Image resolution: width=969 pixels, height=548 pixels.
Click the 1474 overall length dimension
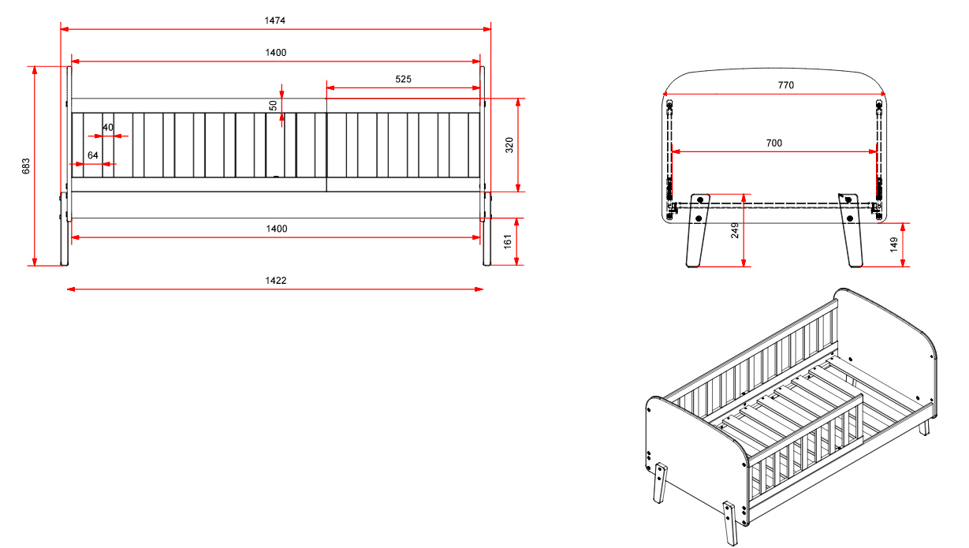[275, 21]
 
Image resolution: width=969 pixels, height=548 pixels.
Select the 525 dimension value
[404, 79]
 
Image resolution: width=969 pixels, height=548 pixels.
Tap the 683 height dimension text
[26, 166]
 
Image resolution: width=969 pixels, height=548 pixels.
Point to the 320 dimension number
[509, 145]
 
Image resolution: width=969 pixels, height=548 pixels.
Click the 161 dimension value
[509, 241]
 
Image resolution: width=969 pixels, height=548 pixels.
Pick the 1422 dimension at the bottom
[275, 281]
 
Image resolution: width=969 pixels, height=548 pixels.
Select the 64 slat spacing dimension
[93, 155]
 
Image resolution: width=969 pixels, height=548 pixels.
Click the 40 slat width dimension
[108, 127]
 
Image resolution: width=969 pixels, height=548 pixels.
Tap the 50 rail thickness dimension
[273, 105]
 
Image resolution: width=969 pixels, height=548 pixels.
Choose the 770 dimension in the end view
[773, 85]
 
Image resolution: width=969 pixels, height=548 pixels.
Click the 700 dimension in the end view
[773, 143]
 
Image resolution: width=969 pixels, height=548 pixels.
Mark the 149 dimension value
[893, 244]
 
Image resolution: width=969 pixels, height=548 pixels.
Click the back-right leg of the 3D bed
[925, 426]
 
